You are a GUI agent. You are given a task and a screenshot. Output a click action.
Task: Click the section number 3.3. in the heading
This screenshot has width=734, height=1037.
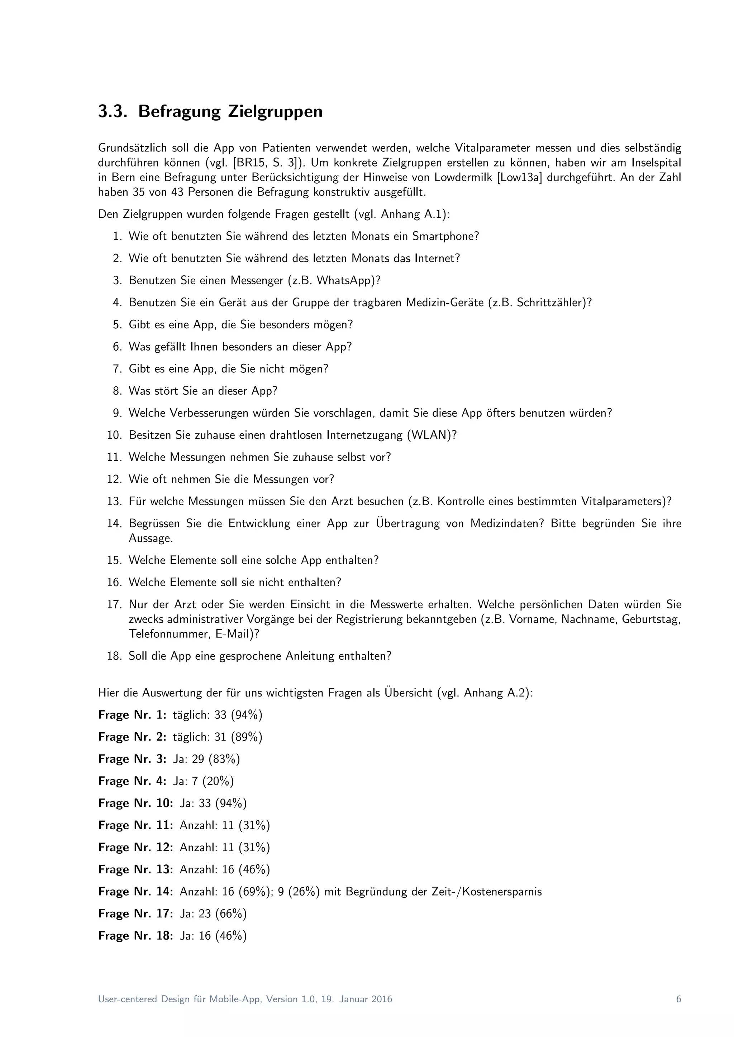pyautogui.click(x=111, y=112)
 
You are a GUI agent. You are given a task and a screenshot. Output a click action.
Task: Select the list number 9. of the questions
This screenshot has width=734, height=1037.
pyautogui.click(x=118, y=413)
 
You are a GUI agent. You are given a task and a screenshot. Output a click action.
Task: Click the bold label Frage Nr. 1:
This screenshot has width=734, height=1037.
pyautogui.click(x=132, y=715)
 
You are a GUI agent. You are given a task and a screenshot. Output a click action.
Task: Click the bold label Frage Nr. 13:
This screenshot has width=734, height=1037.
pyautogui.click(x=135, y=869)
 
